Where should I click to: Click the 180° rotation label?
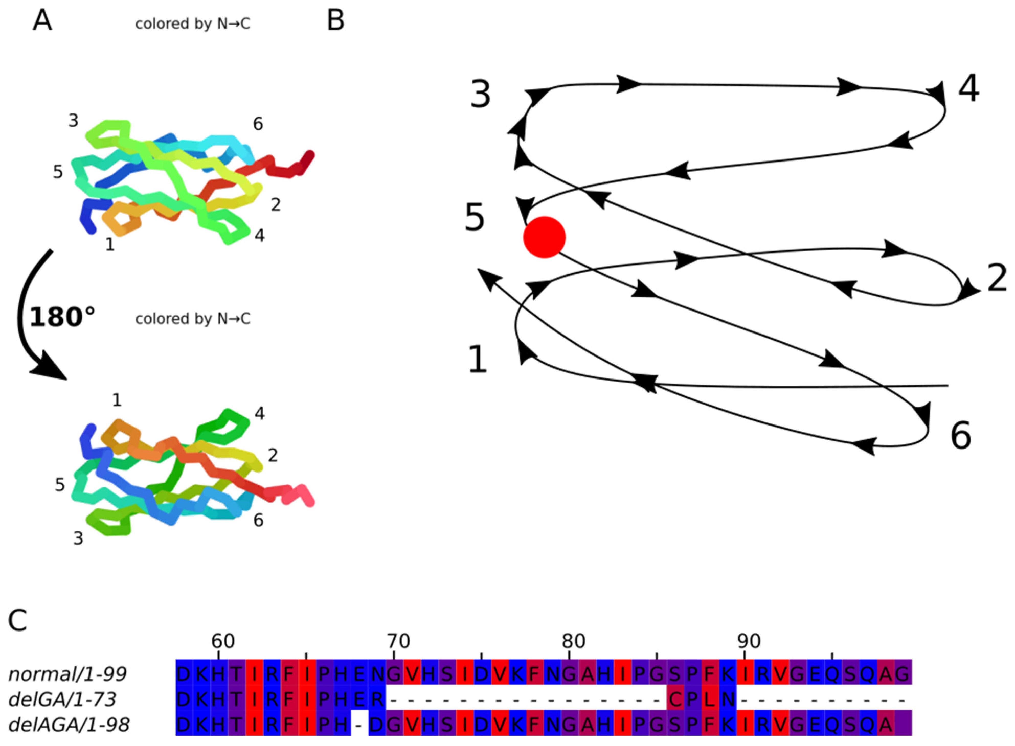point(62,317)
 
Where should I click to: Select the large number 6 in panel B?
point(961,436)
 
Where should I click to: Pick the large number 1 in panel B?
point(478,360)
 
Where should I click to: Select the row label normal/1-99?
point(68,674)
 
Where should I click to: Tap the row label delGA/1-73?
point(62,699)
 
